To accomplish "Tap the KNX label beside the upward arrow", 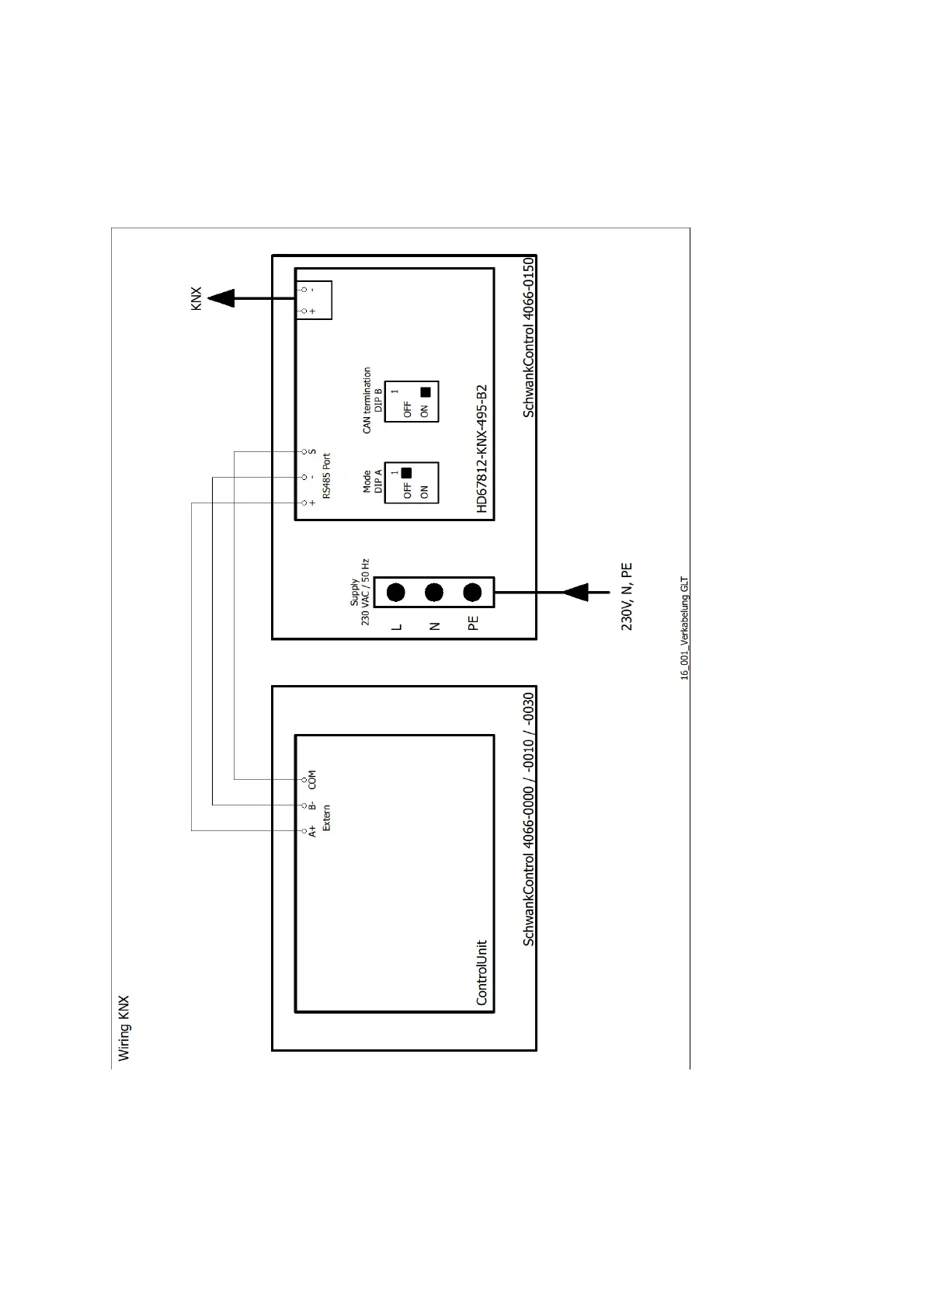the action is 196,299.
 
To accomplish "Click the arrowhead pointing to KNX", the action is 222,297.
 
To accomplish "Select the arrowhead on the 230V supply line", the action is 575,593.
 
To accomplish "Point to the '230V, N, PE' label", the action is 627,597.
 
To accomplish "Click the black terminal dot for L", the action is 396,593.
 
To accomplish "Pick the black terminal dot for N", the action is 434,593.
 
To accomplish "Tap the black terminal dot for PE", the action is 472,593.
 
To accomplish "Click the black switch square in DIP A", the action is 405,472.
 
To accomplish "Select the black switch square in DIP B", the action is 425,392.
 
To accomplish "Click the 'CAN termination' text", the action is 367,400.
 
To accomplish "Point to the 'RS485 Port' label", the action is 326,475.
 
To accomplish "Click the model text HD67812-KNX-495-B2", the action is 482,448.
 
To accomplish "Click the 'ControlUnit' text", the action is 482,972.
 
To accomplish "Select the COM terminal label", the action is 312,779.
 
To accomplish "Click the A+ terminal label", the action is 312,831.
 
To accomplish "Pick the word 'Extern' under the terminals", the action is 326,817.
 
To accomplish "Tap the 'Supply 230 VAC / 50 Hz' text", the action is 360,592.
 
